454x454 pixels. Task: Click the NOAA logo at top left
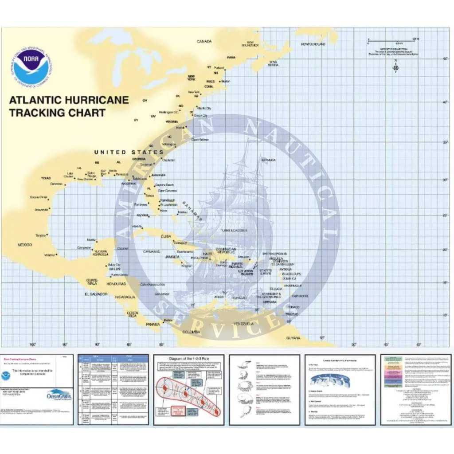click(x=31, y=67)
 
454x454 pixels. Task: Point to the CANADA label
click(x=204, y=42)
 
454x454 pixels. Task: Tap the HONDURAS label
click(x=116, y=283)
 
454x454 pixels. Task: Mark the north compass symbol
click(x=396, y=67)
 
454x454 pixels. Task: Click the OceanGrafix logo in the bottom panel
click(x=59, y=394)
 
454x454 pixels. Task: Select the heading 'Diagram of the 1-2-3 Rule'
click(x=188, y=359)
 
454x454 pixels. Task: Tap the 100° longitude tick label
click(x=32, y=344)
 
